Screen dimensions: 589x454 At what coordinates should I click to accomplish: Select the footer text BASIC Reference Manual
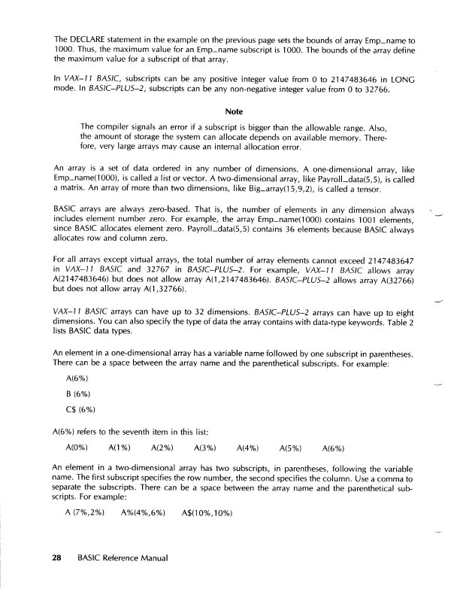click(x=123, y=560)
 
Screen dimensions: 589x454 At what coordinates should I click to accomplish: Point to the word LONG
click(x=402, y=79)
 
